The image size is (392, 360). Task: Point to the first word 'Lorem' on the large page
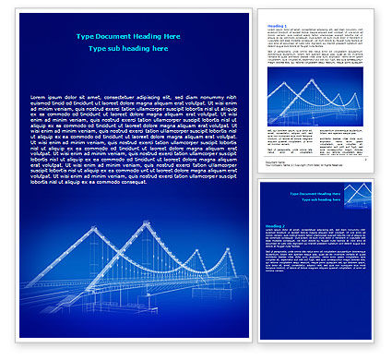coord(40,96)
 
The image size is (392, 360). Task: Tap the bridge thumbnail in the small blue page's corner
coord(358,194)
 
